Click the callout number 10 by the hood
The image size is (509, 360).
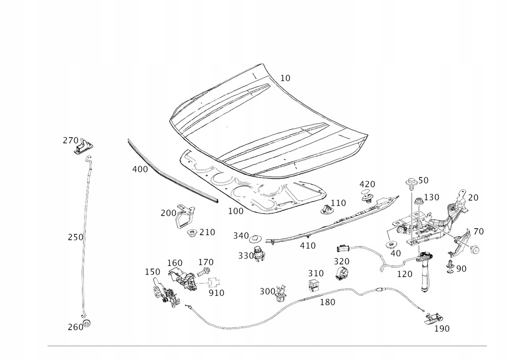[285, 78]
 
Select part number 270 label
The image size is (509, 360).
[71, 140]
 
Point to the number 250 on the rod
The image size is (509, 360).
[76, 237]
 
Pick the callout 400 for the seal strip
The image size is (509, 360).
[140, 169]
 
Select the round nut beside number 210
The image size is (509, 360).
[191, 233]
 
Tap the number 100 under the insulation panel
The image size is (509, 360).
[236, 211]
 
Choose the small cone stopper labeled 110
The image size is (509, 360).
[326, 209]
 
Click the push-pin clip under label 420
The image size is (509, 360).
[367, 196]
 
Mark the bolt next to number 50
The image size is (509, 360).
[411, 183]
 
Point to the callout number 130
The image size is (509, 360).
[431, 197]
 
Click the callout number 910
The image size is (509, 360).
[217, 293]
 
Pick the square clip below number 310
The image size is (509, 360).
[314, 285]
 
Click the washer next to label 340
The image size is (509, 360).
[256, 237]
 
